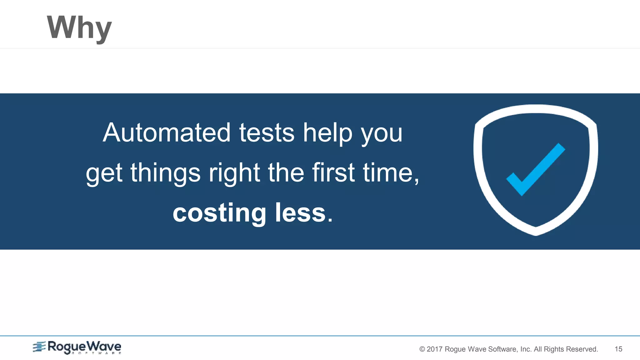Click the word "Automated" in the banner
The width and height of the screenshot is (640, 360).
(x=167, y=132)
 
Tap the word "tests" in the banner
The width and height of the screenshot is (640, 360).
(x=267, y=132)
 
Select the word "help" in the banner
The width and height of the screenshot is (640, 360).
(x=327, y=132)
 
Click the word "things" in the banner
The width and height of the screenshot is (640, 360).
(x=165, y=173)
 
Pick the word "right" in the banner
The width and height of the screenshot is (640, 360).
(x=234, y=173)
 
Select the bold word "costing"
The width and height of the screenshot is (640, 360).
(x=219, y=213)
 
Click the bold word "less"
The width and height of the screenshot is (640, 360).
(x=300, y=213)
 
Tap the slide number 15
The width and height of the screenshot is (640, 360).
(x=618, y=349)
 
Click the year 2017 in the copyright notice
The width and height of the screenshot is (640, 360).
(x=434, y=349)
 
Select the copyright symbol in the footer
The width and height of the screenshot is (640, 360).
(x=422, y=349)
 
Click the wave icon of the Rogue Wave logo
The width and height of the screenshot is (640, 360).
(x=39, y=347)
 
